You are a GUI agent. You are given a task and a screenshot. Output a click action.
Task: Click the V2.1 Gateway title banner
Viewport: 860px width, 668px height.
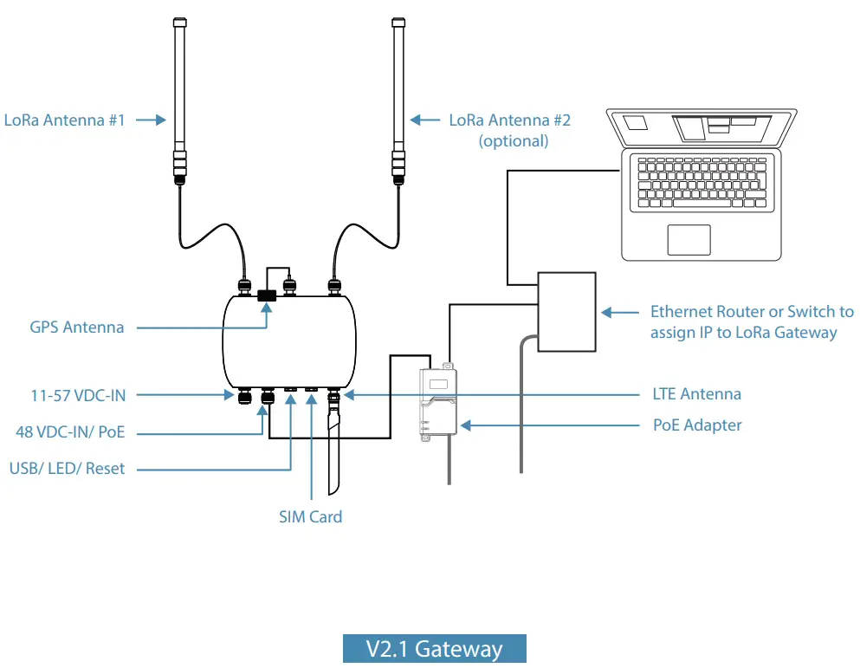click(x=434, y=649)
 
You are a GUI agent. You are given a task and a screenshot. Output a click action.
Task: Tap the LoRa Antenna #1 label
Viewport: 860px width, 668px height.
click(x=65, y=120)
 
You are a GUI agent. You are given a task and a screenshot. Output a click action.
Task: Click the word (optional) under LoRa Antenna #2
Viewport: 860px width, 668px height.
click(x=514, y=140)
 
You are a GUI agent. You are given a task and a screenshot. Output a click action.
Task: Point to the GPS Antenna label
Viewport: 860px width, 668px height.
click(x=76, y=328)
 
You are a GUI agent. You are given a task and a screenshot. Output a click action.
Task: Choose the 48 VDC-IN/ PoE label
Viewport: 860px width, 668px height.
click(x=76, y=431)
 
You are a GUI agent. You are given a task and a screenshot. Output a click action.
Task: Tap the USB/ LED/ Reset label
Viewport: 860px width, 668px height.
click(x=67, y=468)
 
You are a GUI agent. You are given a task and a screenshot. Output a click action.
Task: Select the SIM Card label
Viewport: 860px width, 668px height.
click(x=310, y=516)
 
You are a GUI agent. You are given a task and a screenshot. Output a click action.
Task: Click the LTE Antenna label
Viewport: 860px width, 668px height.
click(x=696, y=394)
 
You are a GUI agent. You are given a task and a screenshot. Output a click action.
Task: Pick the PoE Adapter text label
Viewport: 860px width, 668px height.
click(x=696, y=425)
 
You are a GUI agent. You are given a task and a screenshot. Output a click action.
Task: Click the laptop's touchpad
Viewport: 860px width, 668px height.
click(x=689, y=240)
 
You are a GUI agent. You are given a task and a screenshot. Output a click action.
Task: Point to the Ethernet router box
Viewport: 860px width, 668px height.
click(x=567, y=311)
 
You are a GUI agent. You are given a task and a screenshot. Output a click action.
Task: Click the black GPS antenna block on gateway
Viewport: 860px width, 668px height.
click(x=266, y=295)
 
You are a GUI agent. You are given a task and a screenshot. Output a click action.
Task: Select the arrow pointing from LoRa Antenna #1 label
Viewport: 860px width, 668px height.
click(x=150, y=120)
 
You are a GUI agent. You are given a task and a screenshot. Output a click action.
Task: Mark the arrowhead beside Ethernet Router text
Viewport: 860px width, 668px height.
click(x=607, y=311)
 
